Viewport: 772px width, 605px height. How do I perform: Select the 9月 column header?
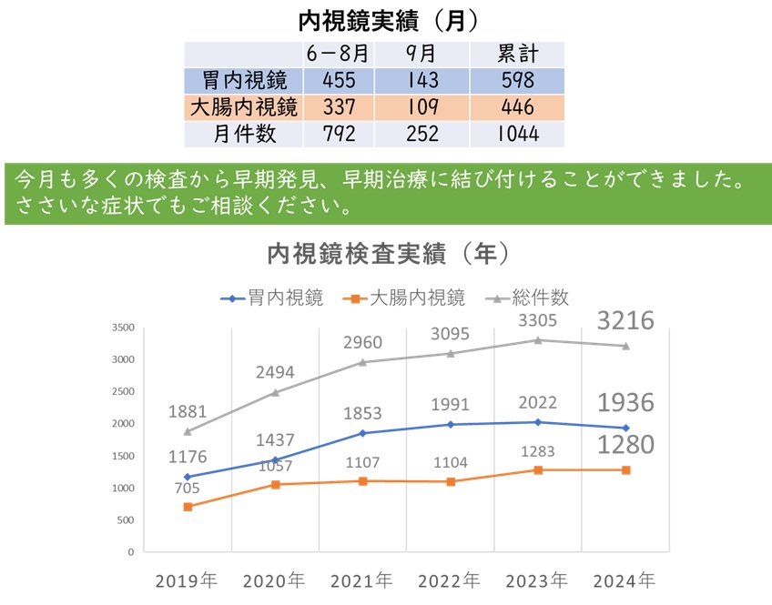tap(422, 54)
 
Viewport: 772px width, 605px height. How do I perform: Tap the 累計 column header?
tap(517, 54)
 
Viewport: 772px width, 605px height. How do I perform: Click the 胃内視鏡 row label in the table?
tap(242, 80)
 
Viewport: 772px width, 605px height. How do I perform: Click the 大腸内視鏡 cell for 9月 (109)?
tap(422, 107)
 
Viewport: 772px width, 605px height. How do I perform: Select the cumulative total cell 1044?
tap(517, 134)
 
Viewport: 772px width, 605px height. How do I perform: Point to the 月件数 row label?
tap(242, 134)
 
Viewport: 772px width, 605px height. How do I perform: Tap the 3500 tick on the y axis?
tap(122, 328)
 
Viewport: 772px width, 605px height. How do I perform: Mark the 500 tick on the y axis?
tap(126, 520)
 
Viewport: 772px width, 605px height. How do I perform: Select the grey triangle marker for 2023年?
tap(538, 340)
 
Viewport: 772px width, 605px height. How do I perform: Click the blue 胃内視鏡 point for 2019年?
tap(188, 477)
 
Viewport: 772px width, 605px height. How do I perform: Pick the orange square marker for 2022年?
tap(451, 481)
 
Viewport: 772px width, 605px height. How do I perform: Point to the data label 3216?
tap(626, 320)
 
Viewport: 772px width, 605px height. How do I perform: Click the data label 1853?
tap(363, 413)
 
